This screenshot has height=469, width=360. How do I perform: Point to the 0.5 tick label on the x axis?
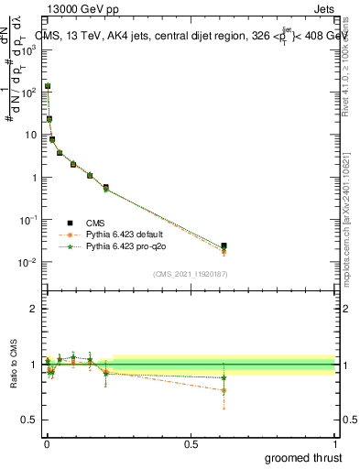191,443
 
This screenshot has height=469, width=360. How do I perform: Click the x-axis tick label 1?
334,443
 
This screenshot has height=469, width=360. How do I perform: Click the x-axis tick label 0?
47,443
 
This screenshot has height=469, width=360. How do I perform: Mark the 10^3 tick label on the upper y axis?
27,49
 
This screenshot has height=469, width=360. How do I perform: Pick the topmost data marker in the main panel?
48,86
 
